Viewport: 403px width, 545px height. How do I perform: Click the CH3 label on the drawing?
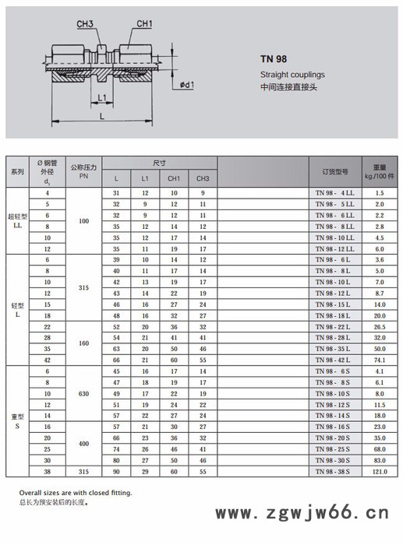click(85, 25)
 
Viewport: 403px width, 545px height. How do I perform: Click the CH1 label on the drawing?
click(144, 24)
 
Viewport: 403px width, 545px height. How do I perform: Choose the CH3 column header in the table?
click(202, 179)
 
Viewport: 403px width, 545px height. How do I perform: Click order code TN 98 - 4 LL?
click(334, 192)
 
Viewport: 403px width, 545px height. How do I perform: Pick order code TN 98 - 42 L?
click(334, 361)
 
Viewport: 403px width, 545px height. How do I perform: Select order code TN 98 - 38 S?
click(334, 472)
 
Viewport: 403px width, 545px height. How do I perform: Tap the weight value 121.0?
click(380, 472)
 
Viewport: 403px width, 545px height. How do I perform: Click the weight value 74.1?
click(380, 361)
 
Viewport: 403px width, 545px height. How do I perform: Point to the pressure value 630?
click(83, 394)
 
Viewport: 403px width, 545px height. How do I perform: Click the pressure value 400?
click(83, 444)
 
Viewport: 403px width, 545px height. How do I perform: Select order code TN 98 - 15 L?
click(334, 305)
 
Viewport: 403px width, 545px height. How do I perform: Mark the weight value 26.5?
click(380, 328)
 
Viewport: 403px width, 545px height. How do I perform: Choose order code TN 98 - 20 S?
click(334, 438)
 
